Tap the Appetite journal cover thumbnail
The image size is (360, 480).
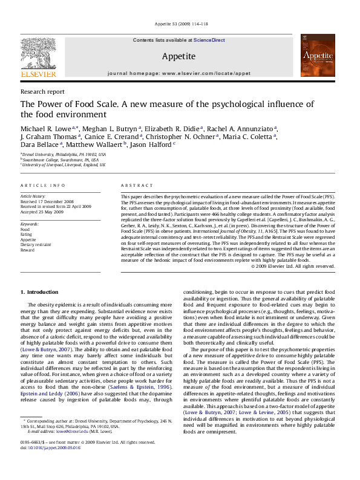pos(318,56)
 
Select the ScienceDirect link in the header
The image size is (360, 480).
pos(209,40)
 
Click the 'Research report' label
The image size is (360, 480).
pos(42,91)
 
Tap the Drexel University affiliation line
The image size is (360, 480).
pos(64,155)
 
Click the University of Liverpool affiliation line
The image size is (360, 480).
pos(64,164)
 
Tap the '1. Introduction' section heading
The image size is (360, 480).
pos(39,292)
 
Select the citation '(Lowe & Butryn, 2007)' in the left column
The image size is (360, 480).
pos(44,350)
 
